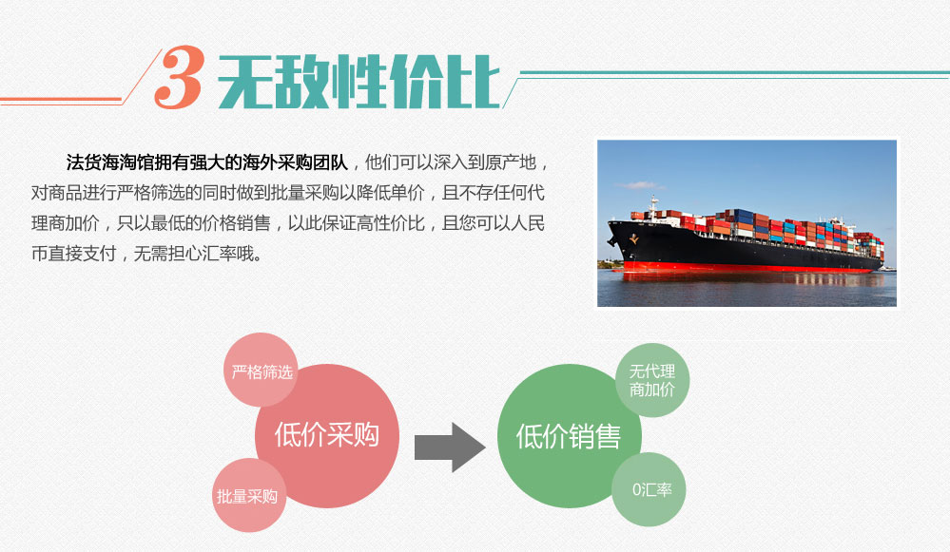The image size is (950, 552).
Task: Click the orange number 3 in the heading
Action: tap(179, 78)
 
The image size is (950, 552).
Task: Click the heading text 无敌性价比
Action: tap(359, 83)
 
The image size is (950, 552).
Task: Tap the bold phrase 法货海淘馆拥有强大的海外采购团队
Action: tap(207, 162)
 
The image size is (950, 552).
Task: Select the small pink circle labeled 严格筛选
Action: tap(262, 370)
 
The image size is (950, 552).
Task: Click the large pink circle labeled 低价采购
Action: tap(327, 436)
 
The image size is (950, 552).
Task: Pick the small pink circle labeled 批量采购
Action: tap(248, 495)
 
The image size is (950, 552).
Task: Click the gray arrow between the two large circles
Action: tap(450, 447)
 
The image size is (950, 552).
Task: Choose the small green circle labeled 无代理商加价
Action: tap(652, 380)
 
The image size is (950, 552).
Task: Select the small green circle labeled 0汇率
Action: tap(649, 489)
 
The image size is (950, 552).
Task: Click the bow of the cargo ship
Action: tap(615, 232)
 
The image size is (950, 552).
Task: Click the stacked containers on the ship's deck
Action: tap(764, 229)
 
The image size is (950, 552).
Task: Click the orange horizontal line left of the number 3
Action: tap(61, 100)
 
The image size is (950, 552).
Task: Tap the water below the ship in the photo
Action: tap(746, 292)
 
